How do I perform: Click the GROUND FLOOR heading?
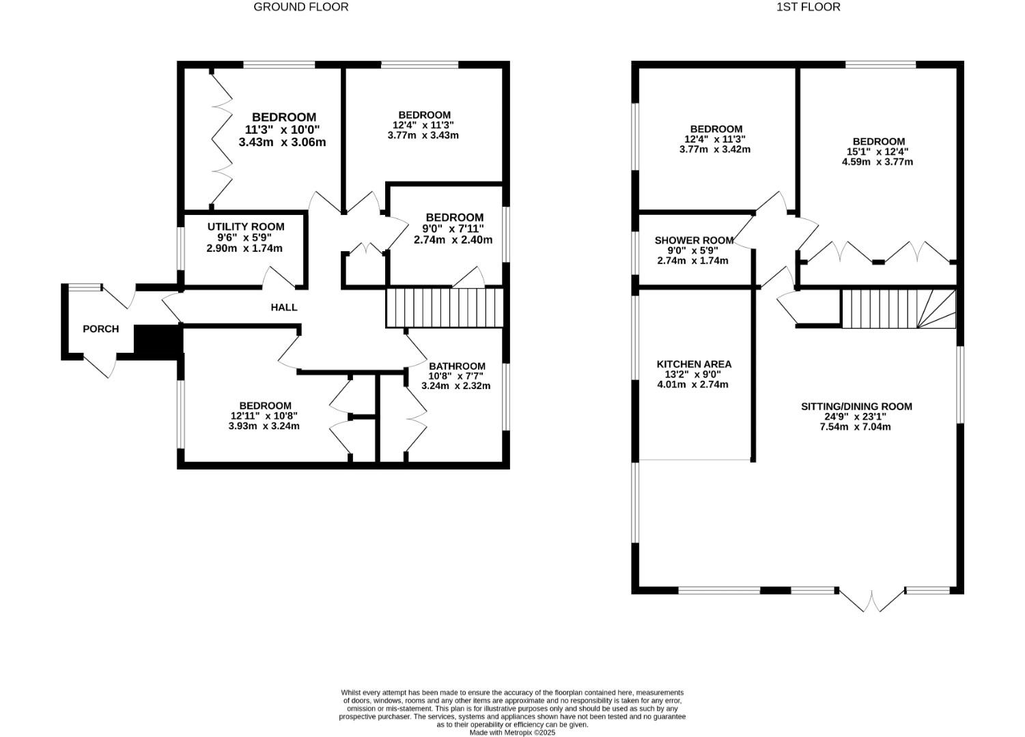[300, 7]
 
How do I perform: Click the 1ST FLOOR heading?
[808, 7]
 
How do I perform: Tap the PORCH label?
[100, 329]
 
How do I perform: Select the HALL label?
[283, 307]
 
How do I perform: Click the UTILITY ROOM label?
[246, 227]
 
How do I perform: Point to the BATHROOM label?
[456, 366]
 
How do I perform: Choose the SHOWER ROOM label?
[693, 240]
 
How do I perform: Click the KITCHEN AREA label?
[693, 364]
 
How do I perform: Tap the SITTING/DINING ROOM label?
[856, 406]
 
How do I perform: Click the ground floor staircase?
[444, 308]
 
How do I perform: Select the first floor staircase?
[898, 308]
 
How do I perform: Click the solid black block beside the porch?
[158, 339]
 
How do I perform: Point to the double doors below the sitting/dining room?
[872, 601]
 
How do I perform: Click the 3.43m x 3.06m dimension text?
[282, 143]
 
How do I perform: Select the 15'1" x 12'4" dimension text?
[877, 151]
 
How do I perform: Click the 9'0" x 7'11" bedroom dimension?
[452, 229]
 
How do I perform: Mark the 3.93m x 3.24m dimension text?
[264, 427]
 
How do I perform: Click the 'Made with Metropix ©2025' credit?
[511, 733]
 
